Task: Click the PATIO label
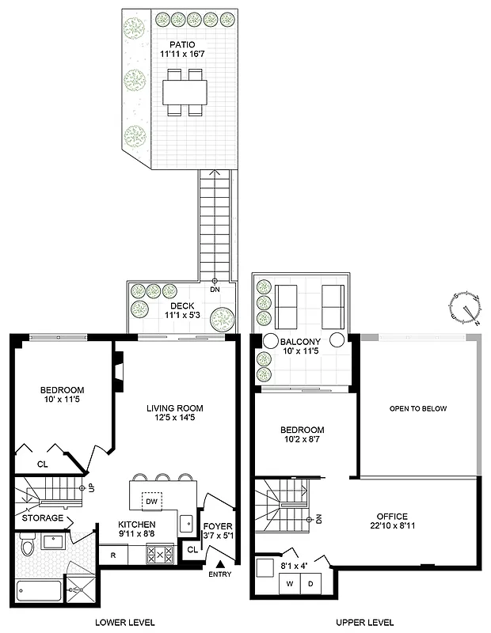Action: tap(181, 44)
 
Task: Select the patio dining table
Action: tap(185, 92)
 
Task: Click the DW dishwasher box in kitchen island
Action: tap(153, 502)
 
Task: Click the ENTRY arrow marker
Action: tap(219, 563)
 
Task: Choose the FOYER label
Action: tap(217, 525)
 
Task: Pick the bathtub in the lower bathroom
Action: tap(36, 584)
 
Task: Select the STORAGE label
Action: tap(43, 518)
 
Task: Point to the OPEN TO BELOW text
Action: tap(418, 409)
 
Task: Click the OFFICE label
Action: tap(392, 516)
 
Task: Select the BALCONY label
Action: tap(300, 342)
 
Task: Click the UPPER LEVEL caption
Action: tap(364, 622)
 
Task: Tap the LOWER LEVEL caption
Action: tap(124, 622)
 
